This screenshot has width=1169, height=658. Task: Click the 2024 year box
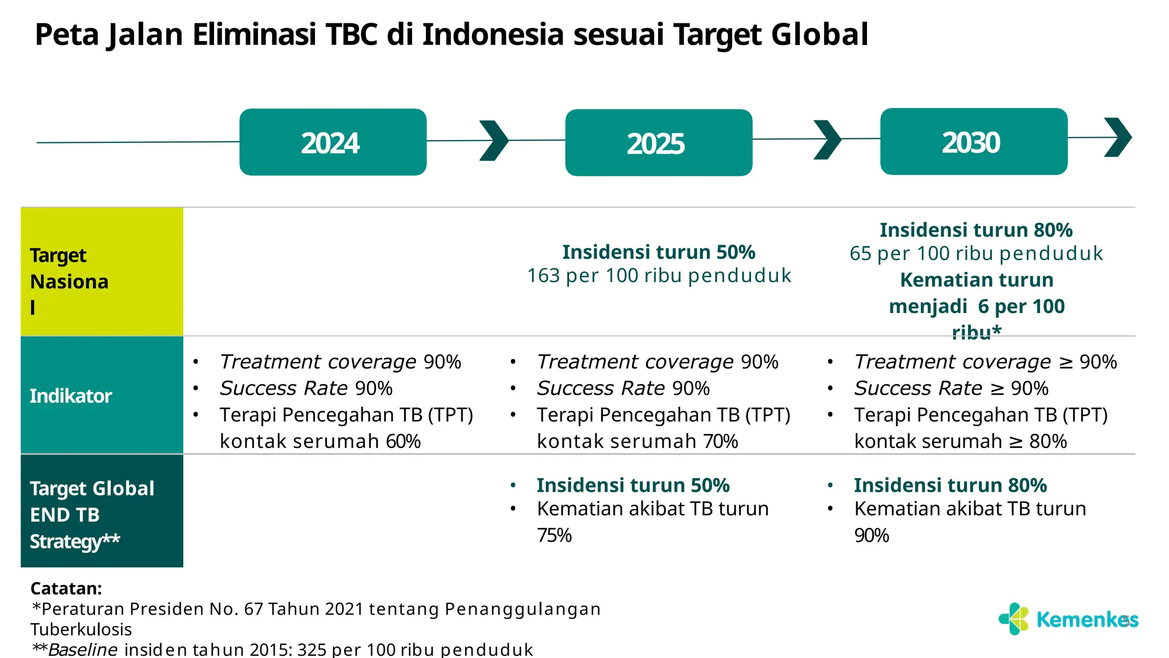point(333,142)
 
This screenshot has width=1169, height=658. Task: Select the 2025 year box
point(658,143)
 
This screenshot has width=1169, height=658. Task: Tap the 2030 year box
point(973,142)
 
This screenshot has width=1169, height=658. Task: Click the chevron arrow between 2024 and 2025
point(493,141)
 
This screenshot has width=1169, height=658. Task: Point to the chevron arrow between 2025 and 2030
point(827,139)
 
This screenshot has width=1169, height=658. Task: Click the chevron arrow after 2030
point(1118,137)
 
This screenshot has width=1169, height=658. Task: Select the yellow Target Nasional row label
point(102,272)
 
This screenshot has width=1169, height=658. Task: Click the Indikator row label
point(102,395)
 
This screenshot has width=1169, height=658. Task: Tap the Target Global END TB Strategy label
point(102,511)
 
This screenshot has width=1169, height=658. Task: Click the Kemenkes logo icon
point(1014,619)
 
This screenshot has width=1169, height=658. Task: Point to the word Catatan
point(66,588)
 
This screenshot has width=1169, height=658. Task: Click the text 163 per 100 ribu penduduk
point(659,276)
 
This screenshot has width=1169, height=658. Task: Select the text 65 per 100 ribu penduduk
point(976,254)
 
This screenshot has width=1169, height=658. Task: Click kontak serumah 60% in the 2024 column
point(320,442)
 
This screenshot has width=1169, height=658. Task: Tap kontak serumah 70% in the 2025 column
point(637,442)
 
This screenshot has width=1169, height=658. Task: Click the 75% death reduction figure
point(554,535)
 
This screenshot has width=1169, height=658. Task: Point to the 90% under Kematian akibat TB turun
point(872,535)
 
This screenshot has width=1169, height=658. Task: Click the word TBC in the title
point(352,34)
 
